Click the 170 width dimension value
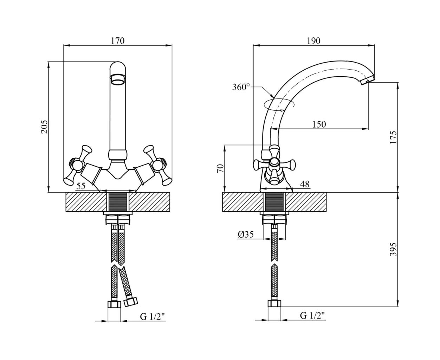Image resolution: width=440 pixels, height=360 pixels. pos(117,41)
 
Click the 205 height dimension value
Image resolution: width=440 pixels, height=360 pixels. pos(44,127)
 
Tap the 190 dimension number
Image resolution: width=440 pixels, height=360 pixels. pos(313,41)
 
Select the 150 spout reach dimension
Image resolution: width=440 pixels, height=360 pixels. pos(319,124)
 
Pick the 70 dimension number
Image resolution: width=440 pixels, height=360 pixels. pos(220,168)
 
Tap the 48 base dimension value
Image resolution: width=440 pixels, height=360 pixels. pos(305,184)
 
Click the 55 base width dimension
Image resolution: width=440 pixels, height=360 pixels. pos(81,186)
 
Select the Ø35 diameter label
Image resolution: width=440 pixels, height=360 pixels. pos(246,234)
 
